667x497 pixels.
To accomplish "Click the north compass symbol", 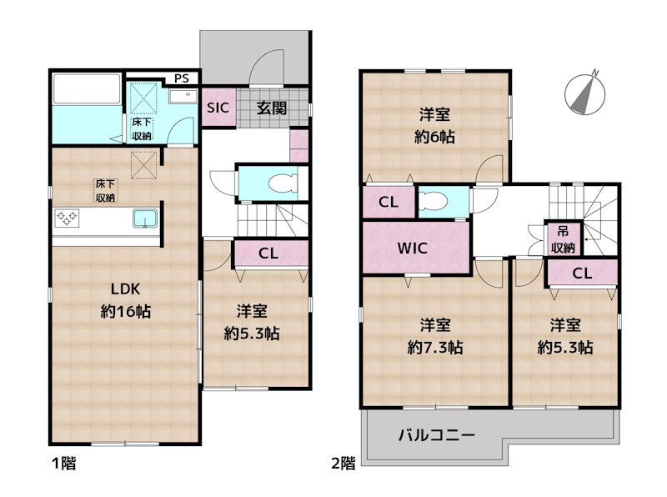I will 587,90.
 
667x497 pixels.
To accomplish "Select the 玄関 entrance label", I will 268,108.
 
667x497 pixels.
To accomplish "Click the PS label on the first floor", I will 182,79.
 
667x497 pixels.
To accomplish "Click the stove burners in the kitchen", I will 66,219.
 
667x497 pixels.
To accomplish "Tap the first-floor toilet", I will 282,183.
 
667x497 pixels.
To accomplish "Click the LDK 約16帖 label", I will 125,301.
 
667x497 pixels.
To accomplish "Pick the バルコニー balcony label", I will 436,435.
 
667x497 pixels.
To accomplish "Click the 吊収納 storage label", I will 563,239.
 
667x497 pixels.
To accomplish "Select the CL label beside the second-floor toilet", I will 388,202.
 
